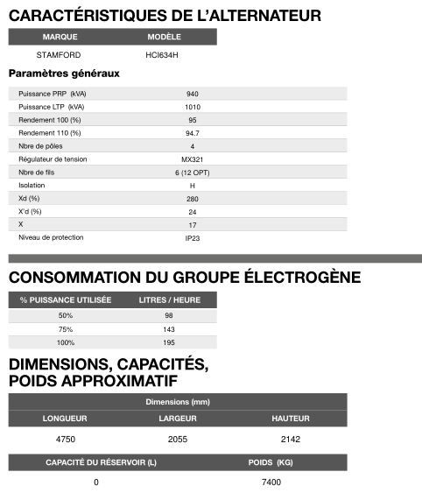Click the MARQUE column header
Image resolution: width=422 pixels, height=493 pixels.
(60, 37)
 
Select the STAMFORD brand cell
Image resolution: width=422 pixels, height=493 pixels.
(59, 55)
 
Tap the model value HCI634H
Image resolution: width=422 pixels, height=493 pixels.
(163, 55)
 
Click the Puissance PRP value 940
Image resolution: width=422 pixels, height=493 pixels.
(192, 93)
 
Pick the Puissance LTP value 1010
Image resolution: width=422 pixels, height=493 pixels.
(192, 107)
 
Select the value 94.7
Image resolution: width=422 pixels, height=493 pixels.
(192, 133)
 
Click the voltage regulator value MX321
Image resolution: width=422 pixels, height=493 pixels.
(192, 159)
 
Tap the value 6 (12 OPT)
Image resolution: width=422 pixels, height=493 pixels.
(192, 173)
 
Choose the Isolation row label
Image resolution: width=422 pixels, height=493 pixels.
(32, 186)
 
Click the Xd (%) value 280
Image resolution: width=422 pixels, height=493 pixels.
(192, 199)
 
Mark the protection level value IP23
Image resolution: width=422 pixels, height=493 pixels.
(192, 238)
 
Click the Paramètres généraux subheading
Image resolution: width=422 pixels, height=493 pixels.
(63, 74)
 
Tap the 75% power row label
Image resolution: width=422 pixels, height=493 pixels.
(65, 328)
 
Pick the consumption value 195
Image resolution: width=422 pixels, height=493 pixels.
(170, 342)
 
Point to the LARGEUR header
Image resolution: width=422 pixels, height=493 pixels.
(177, 419)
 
